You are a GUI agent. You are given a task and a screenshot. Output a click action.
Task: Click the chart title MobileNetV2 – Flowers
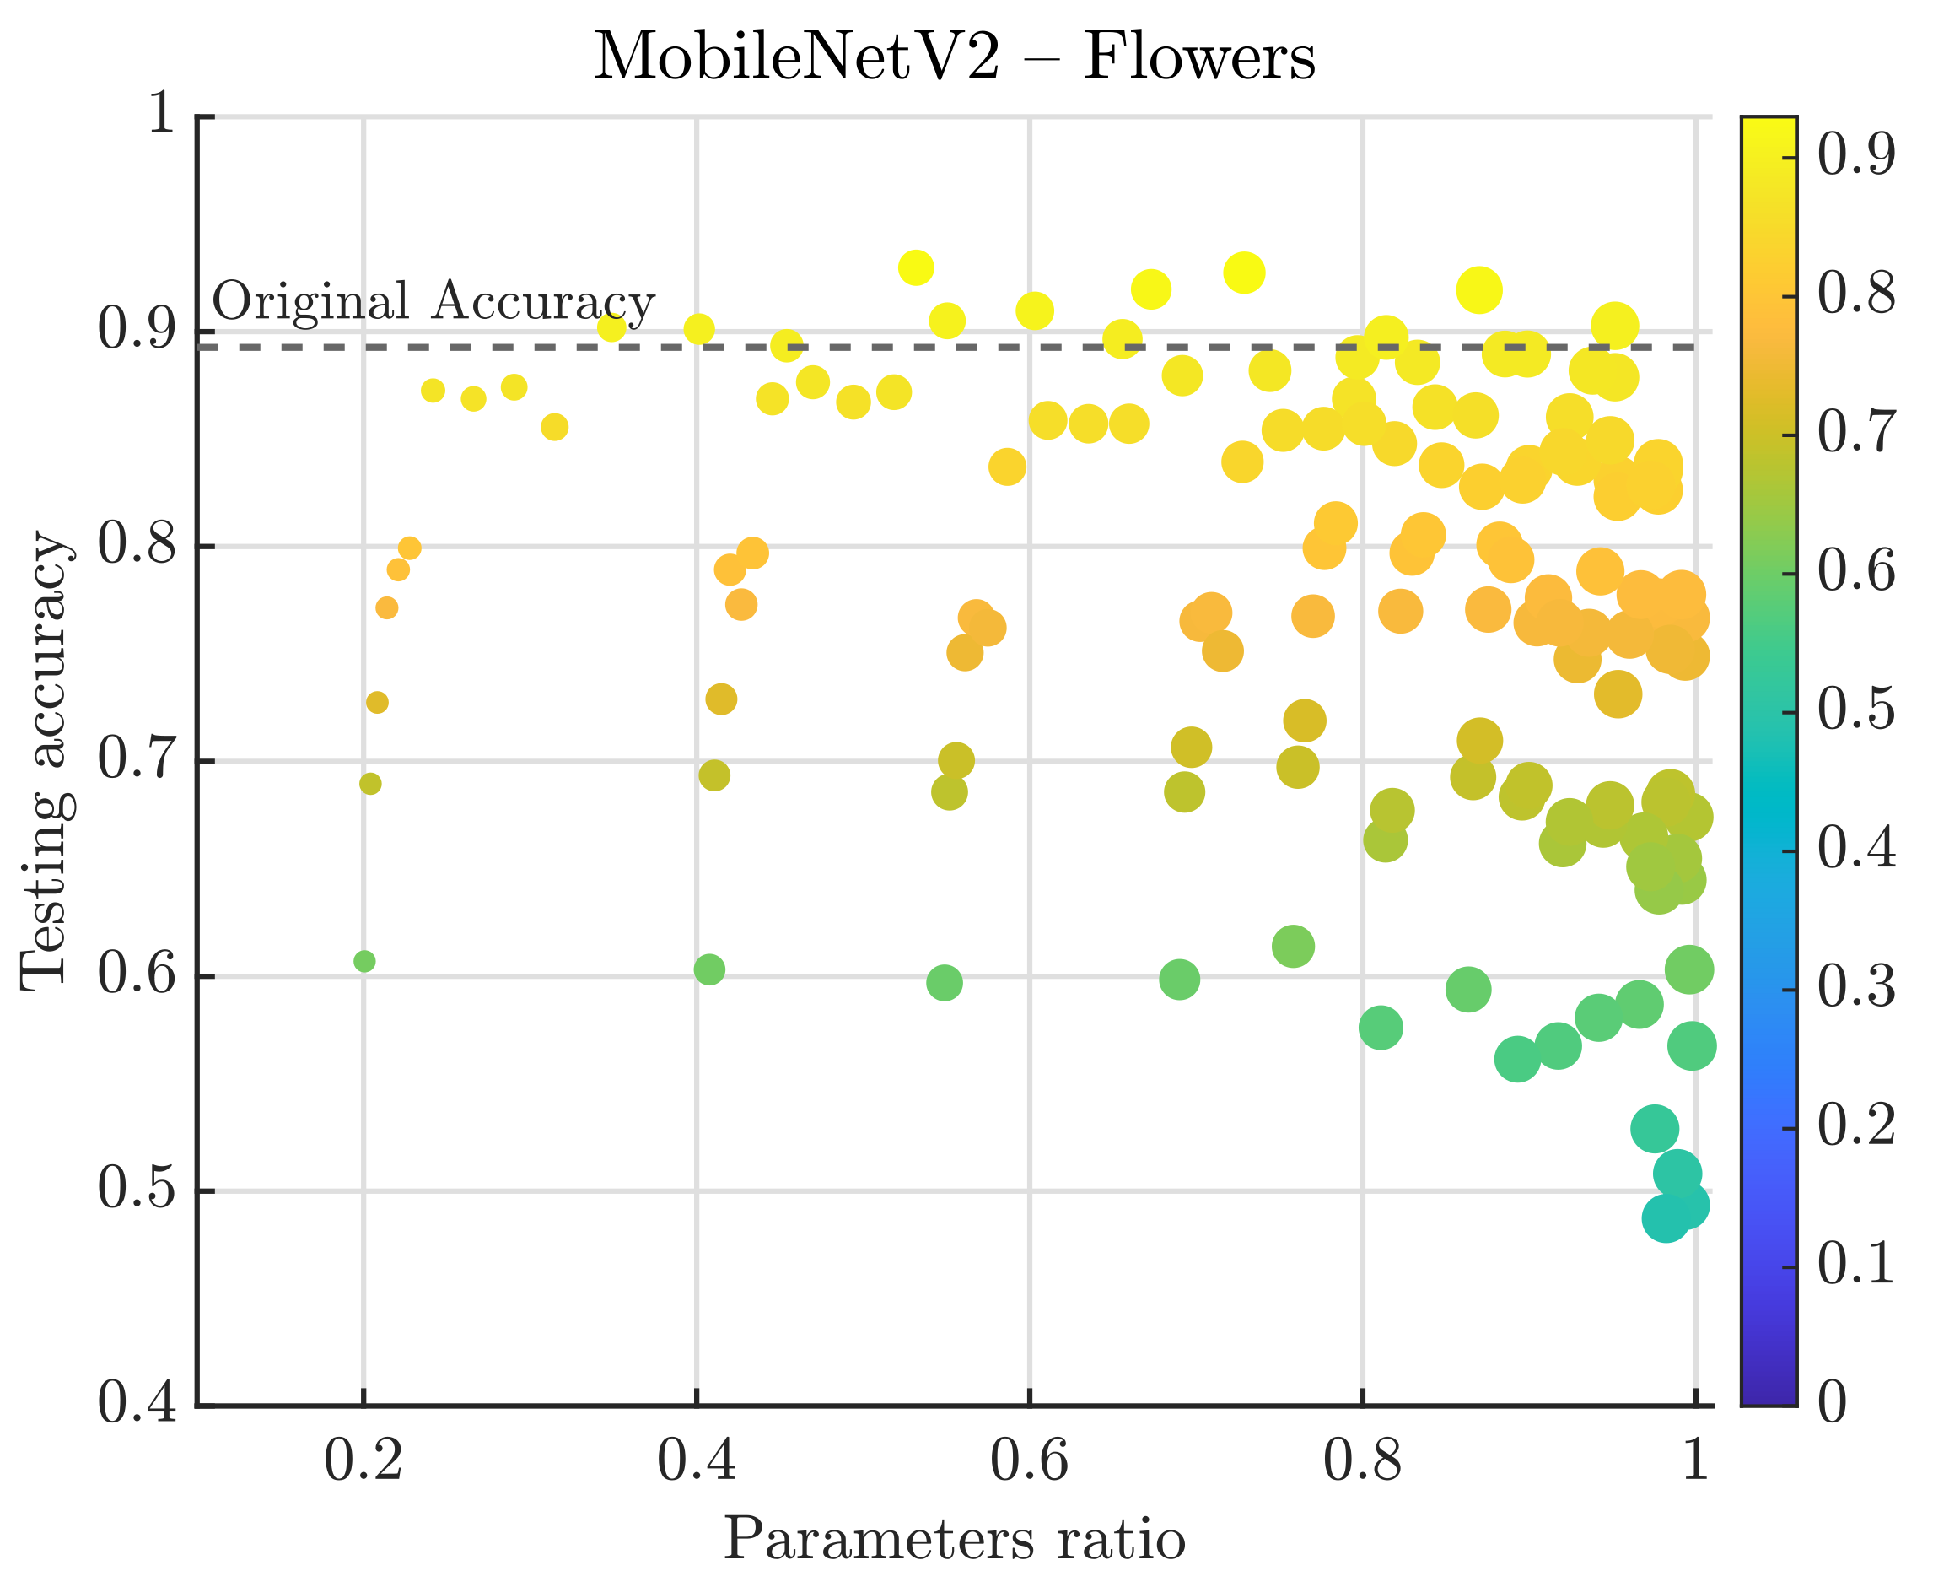coord(954,57)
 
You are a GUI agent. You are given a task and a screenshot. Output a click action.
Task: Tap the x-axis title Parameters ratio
coord(954,1540)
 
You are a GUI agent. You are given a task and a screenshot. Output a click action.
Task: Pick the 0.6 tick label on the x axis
coord(1029,1460)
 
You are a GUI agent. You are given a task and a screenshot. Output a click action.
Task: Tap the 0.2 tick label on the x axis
coord(363,1460)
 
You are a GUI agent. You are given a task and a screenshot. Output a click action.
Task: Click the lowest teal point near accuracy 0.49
coord(1665,1219)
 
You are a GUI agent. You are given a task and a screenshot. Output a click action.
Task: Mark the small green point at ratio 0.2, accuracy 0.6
coord(364,961)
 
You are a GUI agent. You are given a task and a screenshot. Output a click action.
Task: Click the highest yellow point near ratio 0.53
coord(916,267)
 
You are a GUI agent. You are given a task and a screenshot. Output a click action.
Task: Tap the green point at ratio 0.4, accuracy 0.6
coord(709,969)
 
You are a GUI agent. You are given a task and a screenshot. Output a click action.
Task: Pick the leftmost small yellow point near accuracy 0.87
coord(433,391)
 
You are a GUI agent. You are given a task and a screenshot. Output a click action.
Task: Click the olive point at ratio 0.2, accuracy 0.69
coord(370,784)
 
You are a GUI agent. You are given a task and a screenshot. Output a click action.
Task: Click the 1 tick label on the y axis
coord(161,116)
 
